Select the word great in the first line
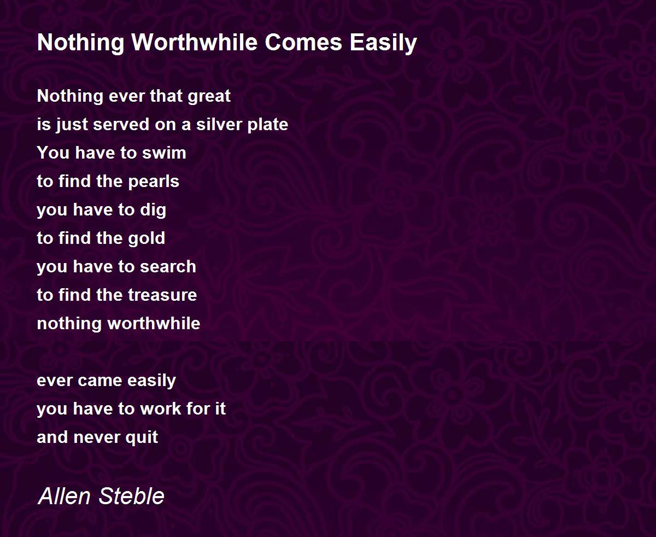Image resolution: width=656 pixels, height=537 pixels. click(x=209, y=97)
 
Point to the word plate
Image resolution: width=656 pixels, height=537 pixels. click(x=267, y=125)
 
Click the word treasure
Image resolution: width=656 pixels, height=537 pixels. click(x=162, y=295)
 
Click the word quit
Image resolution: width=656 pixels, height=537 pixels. click(x=142, y=437)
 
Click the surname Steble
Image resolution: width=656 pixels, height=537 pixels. click(x=132, y=496)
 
